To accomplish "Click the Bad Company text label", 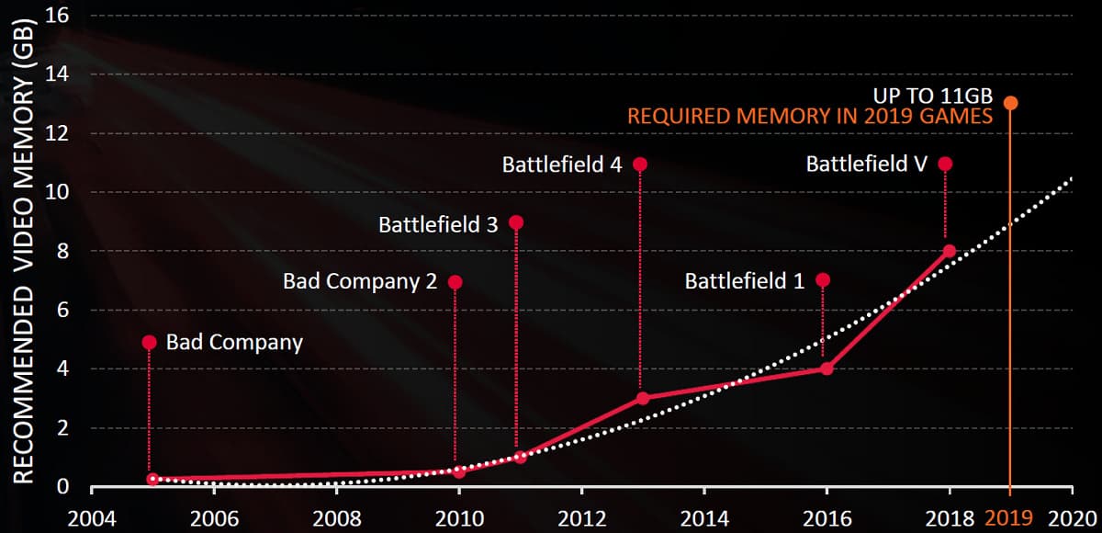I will [234, 343].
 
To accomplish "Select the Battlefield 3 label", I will [438, 223].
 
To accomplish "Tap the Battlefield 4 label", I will [562, 164].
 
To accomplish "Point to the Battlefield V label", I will [867, 164].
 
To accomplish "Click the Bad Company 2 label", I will [360, 281].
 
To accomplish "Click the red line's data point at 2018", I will [950, 251].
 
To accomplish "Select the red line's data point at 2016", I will [826, 369].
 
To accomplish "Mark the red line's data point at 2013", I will [642, 398].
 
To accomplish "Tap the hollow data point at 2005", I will [152, 479].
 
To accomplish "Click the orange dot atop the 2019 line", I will [1010, 103].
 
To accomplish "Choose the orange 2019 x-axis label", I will [1009, 517].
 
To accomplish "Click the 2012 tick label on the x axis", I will [580, 517].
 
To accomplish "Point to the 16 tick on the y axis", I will [57, 16].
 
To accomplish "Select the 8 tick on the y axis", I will [62, 251].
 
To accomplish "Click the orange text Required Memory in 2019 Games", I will [810, 117].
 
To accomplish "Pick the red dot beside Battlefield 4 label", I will [640, 164].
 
